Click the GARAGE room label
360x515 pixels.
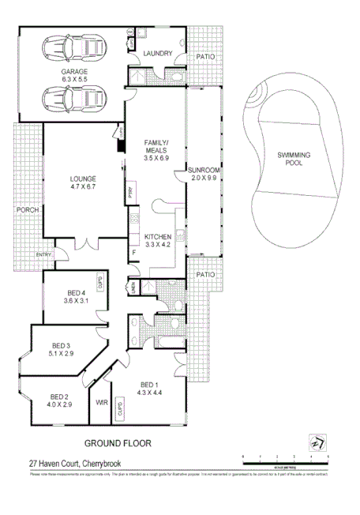pos(75,71)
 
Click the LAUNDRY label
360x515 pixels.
pos(157,53)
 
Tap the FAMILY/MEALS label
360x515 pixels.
pos(156,145)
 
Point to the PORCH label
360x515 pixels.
pos(28,211)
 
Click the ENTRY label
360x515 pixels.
pos(43,254)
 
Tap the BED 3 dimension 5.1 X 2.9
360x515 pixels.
pos(62,355)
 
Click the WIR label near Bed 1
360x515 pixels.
pos(101,402)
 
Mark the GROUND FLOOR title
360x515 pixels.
pos(118,443)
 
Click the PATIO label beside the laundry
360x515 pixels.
pos(205,57)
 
